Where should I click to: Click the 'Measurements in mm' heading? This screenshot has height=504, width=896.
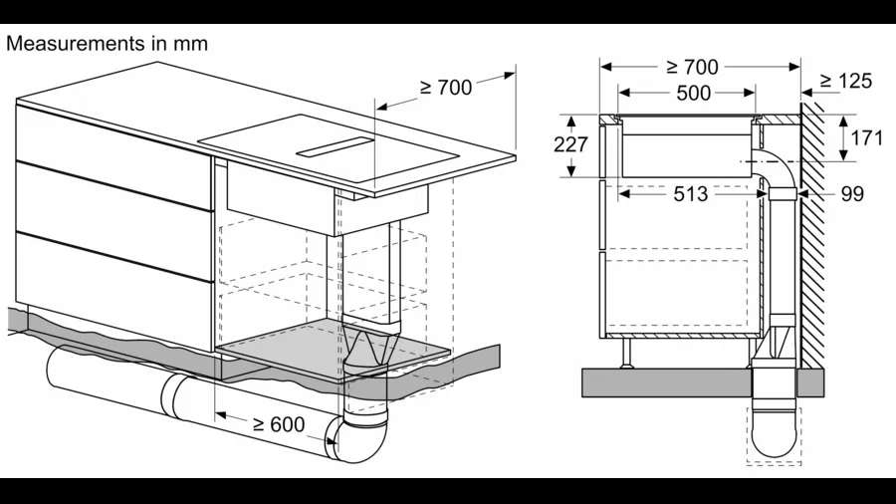click(107, 44)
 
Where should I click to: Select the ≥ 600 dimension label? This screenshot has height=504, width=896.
click(279, 424)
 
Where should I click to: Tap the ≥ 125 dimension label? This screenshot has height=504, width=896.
click(845, 81)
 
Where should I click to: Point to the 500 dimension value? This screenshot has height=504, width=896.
click(693, 94)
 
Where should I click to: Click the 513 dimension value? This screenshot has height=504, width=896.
click(691, 194)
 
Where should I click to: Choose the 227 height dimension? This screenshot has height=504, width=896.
click(570, 144)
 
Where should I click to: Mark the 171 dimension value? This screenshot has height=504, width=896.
click(867, 137)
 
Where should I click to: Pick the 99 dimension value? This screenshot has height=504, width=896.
click(852, 194)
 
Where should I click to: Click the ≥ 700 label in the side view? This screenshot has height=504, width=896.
click(692, 67)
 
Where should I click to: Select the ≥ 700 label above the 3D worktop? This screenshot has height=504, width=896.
click(446, 88)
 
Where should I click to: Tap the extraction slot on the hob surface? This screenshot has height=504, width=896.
click(335, 146)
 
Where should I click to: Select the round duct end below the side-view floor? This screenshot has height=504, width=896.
click(774, 435)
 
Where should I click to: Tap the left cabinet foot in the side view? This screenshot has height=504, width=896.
click(627, 353)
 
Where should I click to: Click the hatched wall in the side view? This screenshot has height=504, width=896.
click(812, 234)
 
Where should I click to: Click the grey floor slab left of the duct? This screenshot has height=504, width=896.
click(666, 382)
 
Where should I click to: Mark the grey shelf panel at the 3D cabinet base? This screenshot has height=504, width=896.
click(335, 350)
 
